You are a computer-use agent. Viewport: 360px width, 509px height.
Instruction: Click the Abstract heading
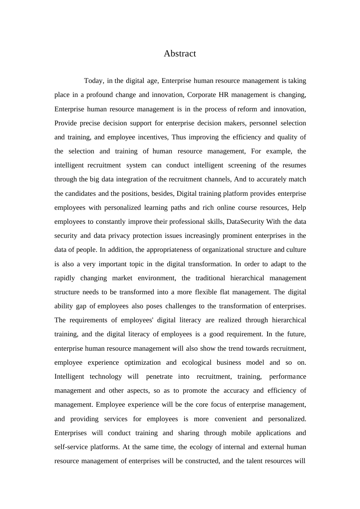(x=180, y=53)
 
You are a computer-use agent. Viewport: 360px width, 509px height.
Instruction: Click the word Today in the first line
(x=94, y=81)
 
